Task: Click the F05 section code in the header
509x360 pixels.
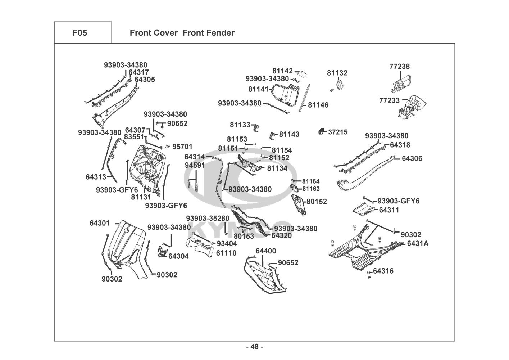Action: pyautogui.click(x=79, y=33)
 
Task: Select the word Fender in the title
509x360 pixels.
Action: pyautogui.click(x=221, y=33)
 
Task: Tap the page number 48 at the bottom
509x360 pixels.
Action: pyautogui.click(x=254, y=347)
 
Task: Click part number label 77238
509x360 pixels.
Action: pyautogui.click(x=399, y=67)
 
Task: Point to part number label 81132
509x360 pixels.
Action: pyautogui.click(x=337, y=73)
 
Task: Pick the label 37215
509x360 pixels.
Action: pyautogui.click(x=338, y=132)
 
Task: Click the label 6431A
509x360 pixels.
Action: pyautogui.click(x=418, y=243)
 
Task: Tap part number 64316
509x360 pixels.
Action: pyautogui.click(x=383, y=271)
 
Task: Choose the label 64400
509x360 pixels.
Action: pyautogui.click(x=266, y=251)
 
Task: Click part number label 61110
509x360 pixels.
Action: pyautogui.click(x=226, y=253)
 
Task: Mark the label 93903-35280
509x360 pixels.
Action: pyautogui.click(x=208, y=219)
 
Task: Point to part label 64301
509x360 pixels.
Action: pyautogui.click(x=100, y=223)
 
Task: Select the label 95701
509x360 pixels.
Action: pyautogui.click(x=182, y=147)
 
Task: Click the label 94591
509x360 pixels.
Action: pyautogui.click(x=195, y=165)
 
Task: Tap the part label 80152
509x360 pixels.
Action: pyautogui.click(x=317, y=202)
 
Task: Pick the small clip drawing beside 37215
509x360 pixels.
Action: pyautogui.click(x=322, y=131)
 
